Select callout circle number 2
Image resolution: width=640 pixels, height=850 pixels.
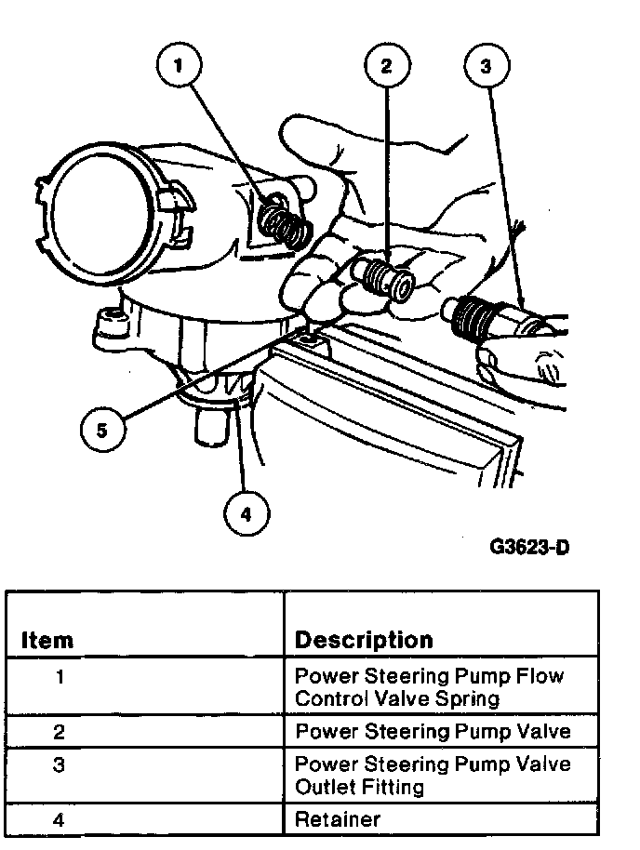(387, 64)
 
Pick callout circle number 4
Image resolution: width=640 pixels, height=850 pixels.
(246, 512)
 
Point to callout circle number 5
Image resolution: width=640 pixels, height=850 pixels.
(102, 430)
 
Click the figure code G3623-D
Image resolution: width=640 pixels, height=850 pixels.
(528, 546)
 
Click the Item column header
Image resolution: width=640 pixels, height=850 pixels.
(47, 640)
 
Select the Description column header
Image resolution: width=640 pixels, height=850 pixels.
(364, 640)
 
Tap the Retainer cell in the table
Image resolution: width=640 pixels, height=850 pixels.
(337, 819)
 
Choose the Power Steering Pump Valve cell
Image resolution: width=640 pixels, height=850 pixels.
(432, 731)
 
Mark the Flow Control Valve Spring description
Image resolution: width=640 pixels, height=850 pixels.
(429, 686)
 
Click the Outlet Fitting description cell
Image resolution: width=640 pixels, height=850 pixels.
(432, 775)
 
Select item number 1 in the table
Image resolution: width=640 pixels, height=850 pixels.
(60, 677)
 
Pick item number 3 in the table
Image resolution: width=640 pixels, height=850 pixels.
(60, 765)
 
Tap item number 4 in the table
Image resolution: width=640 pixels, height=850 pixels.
(60, 819)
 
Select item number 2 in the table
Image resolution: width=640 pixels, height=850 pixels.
(60, 731)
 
